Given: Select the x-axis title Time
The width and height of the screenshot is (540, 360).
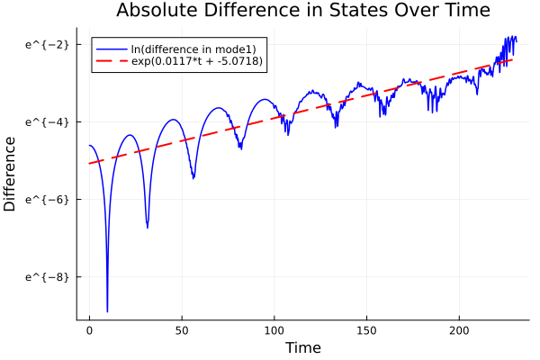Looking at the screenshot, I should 302,347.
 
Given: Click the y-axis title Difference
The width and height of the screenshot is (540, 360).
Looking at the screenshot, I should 11,174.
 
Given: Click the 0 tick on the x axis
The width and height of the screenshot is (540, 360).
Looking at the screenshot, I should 89,329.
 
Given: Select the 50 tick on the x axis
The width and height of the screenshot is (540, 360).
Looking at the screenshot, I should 182,329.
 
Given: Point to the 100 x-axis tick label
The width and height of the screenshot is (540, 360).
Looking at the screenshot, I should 274,329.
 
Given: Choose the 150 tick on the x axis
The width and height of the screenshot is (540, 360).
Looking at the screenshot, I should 366,329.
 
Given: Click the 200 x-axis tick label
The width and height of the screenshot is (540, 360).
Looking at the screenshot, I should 459,329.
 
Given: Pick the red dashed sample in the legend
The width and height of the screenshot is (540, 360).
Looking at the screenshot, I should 112,63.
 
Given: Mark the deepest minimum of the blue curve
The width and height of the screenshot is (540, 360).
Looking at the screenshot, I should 107,311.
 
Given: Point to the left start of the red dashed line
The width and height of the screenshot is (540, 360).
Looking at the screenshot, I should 89,163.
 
